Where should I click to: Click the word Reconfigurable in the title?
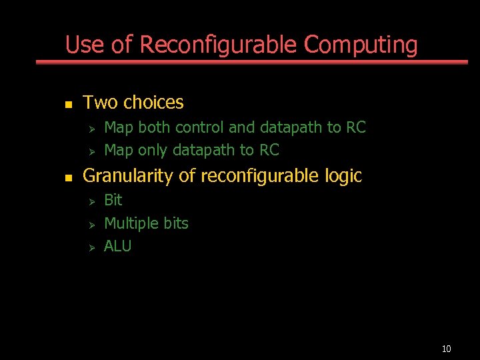click(x=219, y=45)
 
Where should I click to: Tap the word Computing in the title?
click(x=361, y=45)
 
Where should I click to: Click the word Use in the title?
click(x=85, y=45)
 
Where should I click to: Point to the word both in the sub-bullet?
click(x=154, y=127)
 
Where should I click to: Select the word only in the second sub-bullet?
click(x=153, y=150)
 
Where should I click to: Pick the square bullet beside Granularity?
click(x=67, y=178)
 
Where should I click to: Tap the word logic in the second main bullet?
click(x=343, y=176)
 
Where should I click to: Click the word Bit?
click(x=113, y=200)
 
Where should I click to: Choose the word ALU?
click(x=118, y=246)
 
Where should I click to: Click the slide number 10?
click(x=446, y=349)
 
